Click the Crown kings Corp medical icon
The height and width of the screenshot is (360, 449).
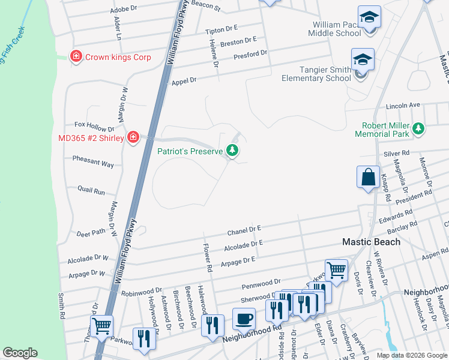tap(76, 57)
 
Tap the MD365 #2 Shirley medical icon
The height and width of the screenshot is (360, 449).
tap(133, 138)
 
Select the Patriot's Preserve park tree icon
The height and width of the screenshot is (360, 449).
tap(232, 151)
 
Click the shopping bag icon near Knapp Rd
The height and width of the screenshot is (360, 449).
tap(368, 177)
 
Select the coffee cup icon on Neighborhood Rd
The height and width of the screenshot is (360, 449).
tap(244, 318)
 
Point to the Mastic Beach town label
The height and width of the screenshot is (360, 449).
tap(370, 242)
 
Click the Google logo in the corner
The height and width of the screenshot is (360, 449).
tap(20, 353)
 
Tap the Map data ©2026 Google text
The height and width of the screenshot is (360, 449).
tap(412, 355)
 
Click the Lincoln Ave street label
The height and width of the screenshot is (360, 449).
tap(403, 105)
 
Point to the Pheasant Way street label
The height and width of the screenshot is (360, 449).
tap(92, 163)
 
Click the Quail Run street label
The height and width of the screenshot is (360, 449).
tap(91, 191)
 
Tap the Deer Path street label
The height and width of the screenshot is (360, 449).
tap(91, 232)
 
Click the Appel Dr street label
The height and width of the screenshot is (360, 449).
tap(184, 81)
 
